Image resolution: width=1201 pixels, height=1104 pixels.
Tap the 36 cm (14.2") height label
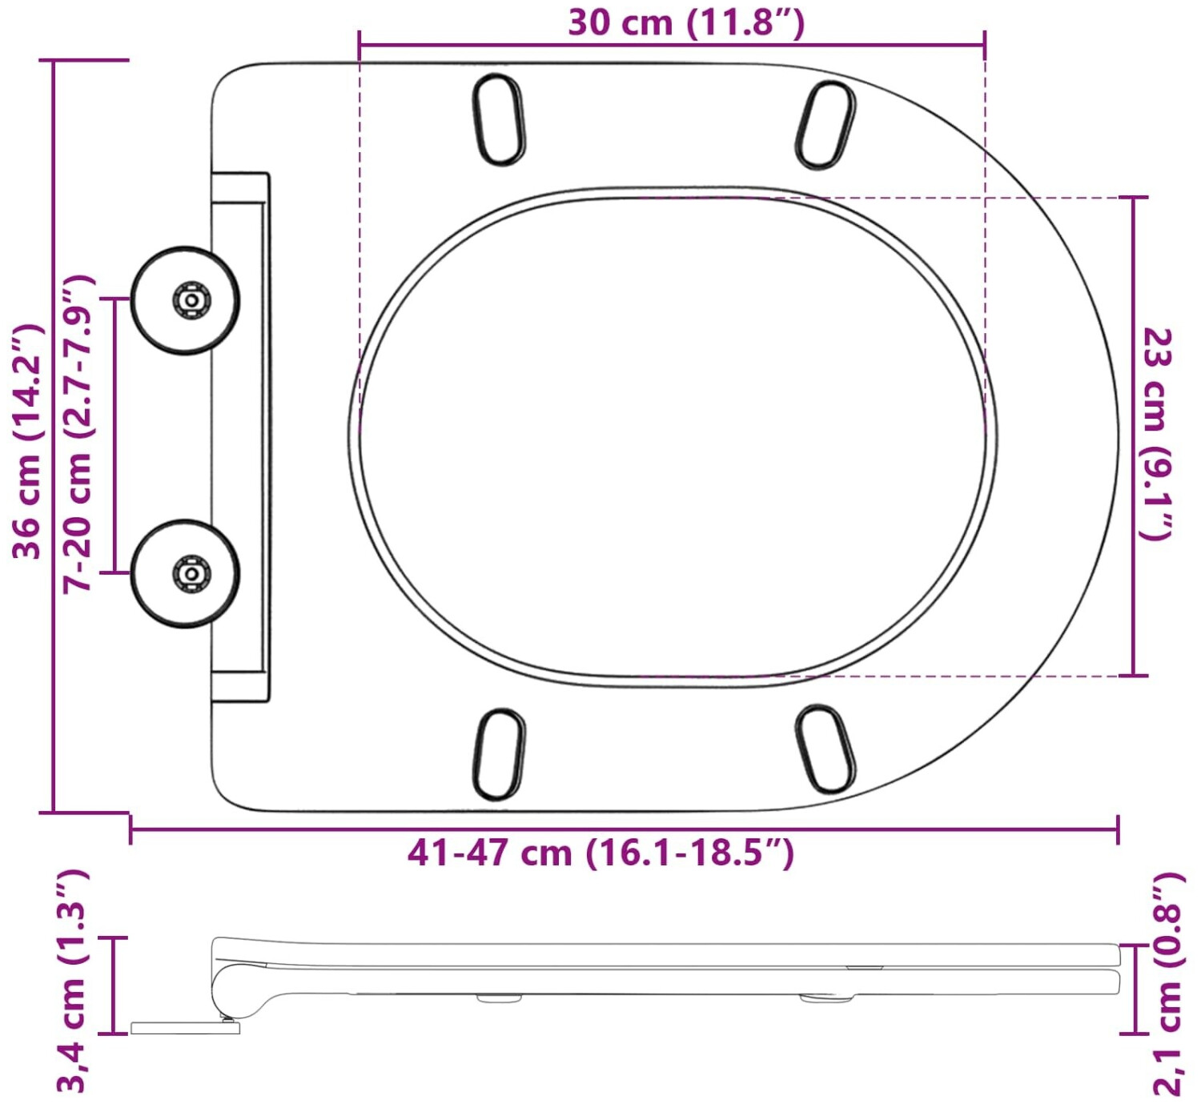(27, 443)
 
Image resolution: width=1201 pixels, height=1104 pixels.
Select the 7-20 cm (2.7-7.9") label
(78, 434)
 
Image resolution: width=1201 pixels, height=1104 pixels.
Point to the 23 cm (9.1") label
(1155, 434)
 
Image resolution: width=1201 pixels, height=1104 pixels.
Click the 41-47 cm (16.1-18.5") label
(601, 853)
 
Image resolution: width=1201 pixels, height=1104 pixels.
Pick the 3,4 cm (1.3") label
(73, 986)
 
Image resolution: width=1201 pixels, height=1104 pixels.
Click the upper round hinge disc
(186, 300)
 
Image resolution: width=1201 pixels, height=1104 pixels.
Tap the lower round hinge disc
(186, 573)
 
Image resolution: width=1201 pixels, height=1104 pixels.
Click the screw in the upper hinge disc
(192, 299)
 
